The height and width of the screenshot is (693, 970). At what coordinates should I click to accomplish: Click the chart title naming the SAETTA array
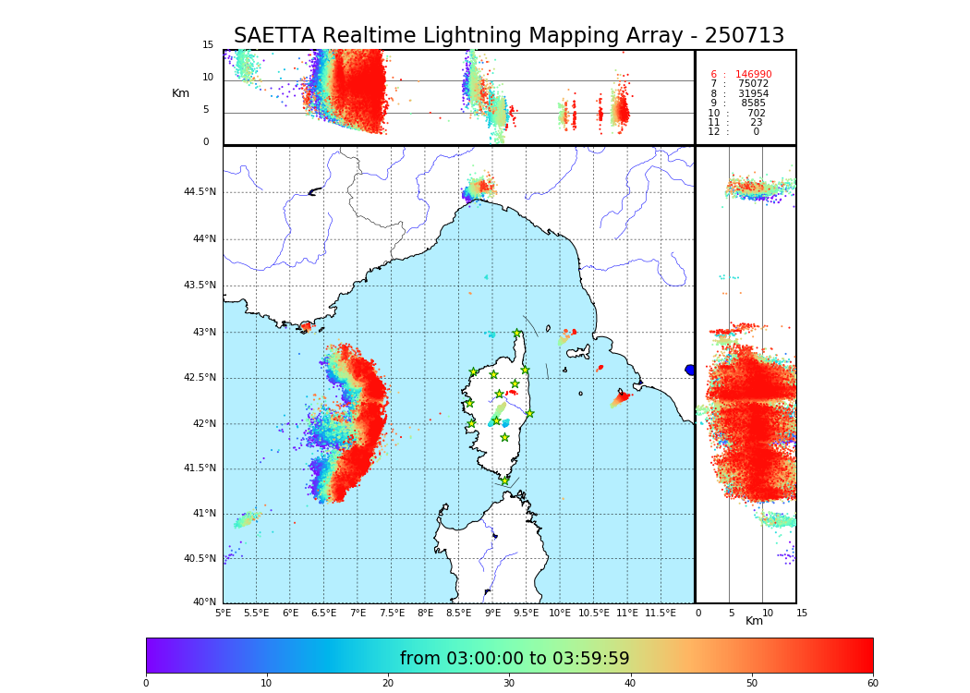coord(508,36)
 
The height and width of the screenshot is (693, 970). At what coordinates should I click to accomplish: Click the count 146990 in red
coord(753,74)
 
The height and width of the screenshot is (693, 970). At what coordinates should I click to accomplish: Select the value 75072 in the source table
coord(753,84)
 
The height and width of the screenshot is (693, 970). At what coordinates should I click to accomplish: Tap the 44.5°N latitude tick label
coord(200,192)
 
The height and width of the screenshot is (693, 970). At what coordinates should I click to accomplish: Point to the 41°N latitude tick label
coord(203,514)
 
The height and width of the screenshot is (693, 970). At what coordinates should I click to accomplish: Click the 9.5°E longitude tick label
coord(526,613)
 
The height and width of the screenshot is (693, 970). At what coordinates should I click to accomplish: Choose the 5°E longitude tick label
coord(223,613)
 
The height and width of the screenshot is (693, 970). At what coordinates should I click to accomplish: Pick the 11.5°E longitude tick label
coord(660,613)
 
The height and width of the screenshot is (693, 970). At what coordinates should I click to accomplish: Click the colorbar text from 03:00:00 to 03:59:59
coord(515,659)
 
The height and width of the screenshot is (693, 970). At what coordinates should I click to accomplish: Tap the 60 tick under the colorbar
coord(872,683)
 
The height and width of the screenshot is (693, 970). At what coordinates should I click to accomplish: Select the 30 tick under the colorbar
coord(509,683)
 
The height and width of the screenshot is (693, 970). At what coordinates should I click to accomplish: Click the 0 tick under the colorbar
coord(146,683)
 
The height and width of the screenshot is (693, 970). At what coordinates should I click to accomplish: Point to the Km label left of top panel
coord(180,93)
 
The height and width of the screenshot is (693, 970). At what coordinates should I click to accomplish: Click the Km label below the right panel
coord(754,621)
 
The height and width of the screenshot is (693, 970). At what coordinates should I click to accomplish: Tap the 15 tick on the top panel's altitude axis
coord(208,45)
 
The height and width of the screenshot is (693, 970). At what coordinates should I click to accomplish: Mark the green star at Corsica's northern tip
coord(517,334)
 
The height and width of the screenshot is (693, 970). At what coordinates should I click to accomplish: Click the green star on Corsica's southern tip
coord(504,480)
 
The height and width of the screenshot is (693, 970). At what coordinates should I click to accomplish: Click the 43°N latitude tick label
coord(203,332)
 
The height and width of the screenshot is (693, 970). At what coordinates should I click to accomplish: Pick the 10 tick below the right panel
coord(764,613)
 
